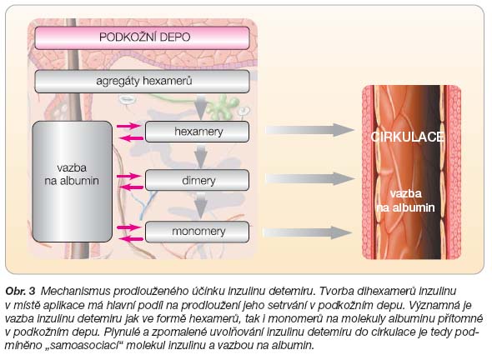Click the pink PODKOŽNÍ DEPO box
tap(142, 37)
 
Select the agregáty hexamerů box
tap(142, 81)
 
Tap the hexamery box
tap(198, 132)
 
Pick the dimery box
tap(198, 180)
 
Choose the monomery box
tap(198, 232)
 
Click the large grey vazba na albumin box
tap(73, 182)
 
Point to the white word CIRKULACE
tap(407, 137)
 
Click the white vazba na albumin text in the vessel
tap(406, 200)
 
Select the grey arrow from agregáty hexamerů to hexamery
tap(201, 107)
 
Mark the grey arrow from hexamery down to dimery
tap(201, 156)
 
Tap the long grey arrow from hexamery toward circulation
tap(310, 130)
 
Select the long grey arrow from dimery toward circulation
tap(310, 178)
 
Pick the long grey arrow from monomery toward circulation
tap(308, 232)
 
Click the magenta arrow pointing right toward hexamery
tap(129, 126)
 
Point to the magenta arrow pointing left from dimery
tap(132, 187)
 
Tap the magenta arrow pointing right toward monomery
tap(129, 227)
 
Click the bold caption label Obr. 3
tap(20, 292)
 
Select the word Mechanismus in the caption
tap(75, 292)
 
